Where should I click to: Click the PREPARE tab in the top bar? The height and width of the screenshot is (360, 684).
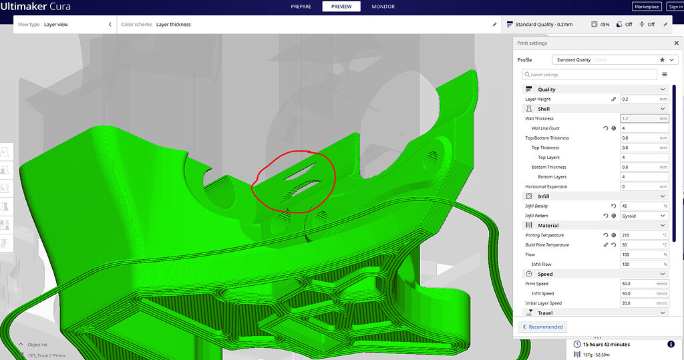click(301, 7)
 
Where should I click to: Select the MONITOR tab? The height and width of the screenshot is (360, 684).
click(383, 7)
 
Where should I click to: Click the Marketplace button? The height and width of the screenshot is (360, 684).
click(646, 7)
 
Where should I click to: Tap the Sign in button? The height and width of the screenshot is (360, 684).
click(675, 7)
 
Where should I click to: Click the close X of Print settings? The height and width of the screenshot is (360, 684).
click(676, 43)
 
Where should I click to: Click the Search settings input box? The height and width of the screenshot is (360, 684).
click(590, 75)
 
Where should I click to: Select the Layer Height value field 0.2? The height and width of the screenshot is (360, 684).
click(644, 99)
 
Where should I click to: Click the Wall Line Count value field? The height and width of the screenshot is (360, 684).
click(644, 128)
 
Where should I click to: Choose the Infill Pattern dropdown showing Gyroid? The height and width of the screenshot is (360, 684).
click(644, 216)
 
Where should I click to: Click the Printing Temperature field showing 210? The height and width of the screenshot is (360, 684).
click(644, 235)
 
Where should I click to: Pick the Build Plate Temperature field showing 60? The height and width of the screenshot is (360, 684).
click(644, 245)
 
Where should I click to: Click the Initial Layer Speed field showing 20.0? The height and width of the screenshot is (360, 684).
click(644, 303)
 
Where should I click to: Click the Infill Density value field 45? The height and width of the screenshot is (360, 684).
click(644, 206)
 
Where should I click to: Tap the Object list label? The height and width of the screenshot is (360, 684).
click(38, 345)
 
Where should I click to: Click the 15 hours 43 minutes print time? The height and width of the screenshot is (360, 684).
click(606, 345)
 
